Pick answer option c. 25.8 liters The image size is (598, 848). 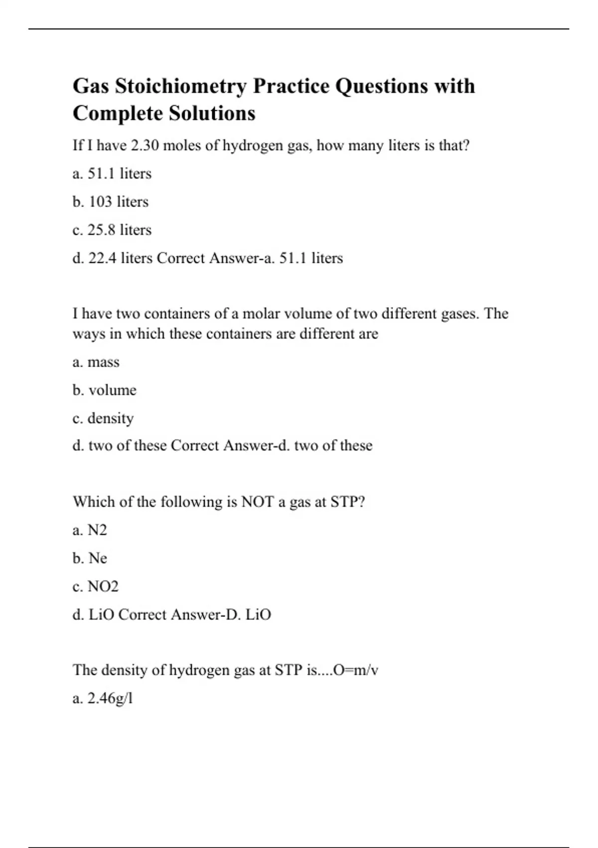pyautogui.click(x=112, y=230)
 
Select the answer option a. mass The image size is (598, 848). pyautogui.click(x=96, y=362)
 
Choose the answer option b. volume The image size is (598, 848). pyautogui.click(x=104, y=390)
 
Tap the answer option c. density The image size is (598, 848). pyautogui.click(x=103, y=418)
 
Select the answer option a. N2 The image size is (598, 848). pyautogui.click(x=90, y=530)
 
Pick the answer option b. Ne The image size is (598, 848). pyautogui.click(x=90, y=558)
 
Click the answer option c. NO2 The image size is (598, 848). pyautogui.click(x=95, y=586)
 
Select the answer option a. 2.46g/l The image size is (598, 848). pyautogui.click(x=103, y=698)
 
